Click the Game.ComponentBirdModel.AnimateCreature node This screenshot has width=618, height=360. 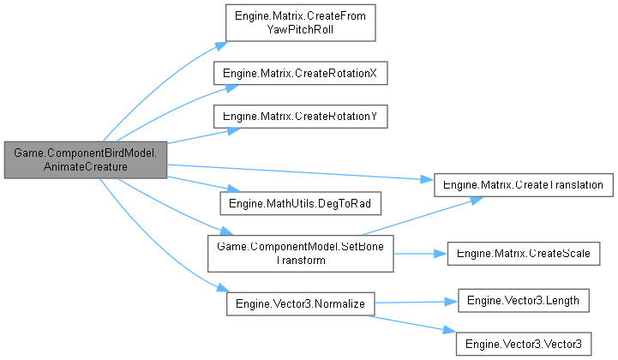tap(85, 159)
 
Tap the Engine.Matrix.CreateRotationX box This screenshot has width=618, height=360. tap(300, 74)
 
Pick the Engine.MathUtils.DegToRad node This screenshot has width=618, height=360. tap(300, 203)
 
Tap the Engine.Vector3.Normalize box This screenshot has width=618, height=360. tap(300, 303)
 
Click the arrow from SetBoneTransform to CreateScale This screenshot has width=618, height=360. tap(420, 253)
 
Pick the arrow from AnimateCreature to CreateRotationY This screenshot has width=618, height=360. tap(197, 137)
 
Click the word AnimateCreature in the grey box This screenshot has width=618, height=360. tap(85, 167)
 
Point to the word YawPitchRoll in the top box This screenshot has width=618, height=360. tap(300, 28)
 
